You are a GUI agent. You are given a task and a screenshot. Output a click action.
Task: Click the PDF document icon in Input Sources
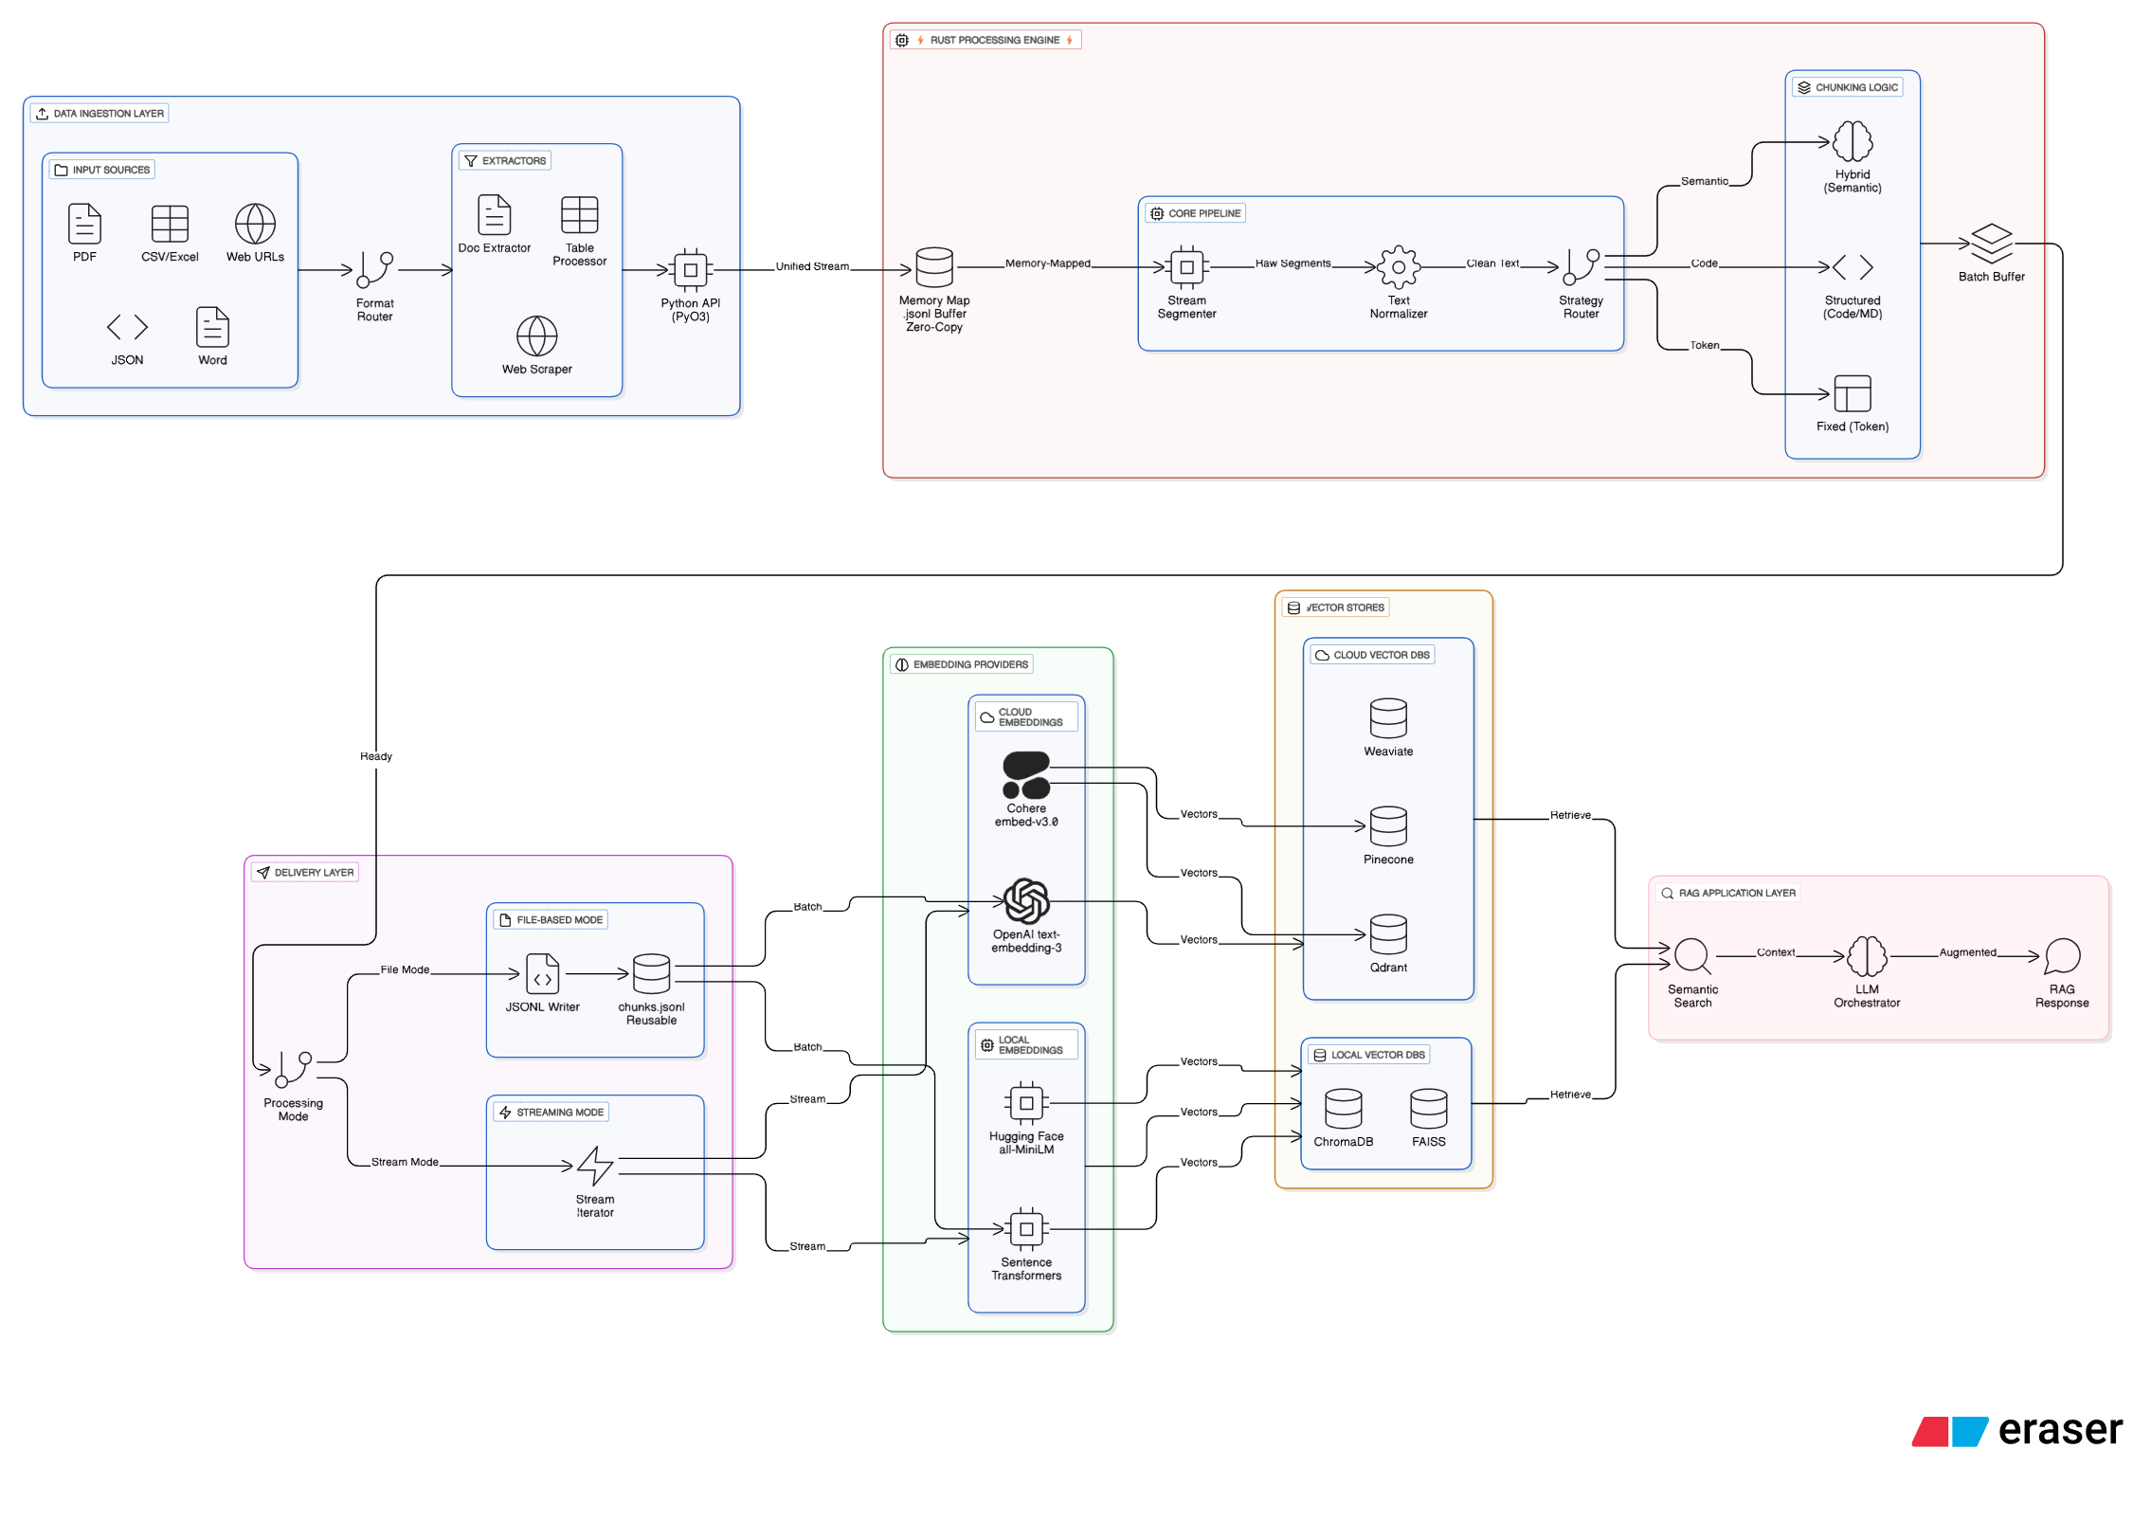[x=84, y=224]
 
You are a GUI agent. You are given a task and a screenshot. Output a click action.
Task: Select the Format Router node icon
[x=374, y=270]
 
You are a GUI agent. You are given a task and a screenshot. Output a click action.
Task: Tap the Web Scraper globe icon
[x=536, y=336]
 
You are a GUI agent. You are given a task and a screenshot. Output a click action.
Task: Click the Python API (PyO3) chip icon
[x=690, y=270]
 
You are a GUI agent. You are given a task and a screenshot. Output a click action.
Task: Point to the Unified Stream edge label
[x=811, y=266]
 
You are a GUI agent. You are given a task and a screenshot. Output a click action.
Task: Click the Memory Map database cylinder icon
[x=933, y=267]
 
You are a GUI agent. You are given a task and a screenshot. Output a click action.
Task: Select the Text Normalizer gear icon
[x=1398, y=267]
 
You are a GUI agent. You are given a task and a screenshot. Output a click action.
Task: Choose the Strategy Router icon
[x=1581, y=267]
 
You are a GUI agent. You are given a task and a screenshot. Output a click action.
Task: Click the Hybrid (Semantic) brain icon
[x=1852, y=142]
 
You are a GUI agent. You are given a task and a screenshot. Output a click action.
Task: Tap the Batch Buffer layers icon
[x=1991, y=244]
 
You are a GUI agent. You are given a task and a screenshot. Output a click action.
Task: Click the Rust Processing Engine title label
[x=994, y=40]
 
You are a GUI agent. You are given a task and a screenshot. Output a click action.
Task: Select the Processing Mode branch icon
[x=293, y=1069]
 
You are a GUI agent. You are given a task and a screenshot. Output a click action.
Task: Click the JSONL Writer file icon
[x=542, y=974]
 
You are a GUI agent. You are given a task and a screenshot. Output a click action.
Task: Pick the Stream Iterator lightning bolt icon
[x=595, y=1166]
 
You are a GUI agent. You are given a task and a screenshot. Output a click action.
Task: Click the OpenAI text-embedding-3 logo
[x=1026, y=901]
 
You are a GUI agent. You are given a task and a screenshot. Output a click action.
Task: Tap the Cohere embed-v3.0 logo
[x=1026, y=775]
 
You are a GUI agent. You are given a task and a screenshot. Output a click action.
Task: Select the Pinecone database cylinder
[x=1387, y=826]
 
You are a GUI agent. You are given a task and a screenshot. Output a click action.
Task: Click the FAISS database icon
[x=1428, y=1109]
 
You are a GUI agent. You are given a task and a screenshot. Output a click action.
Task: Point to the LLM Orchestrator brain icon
[x=1866, y=956]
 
